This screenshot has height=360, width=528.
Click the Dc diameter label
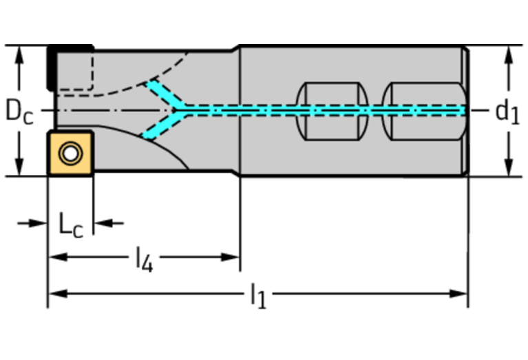click(19, 111)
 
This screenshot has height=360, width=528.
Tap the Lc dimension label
click(70, 224)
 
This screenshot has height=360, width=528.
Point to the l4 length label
click(143, 259)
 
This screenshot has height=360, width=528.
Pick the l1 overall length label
click(257, 296)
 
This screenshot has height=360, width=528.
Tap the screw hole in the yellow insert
click(69, 153)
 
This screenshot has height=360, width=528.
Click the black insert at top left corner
click(52, 66)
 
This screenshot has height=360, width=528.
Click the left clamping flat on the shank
click(333, 111)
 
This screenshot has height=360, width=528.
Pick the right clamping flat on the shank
click(423, 111)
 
